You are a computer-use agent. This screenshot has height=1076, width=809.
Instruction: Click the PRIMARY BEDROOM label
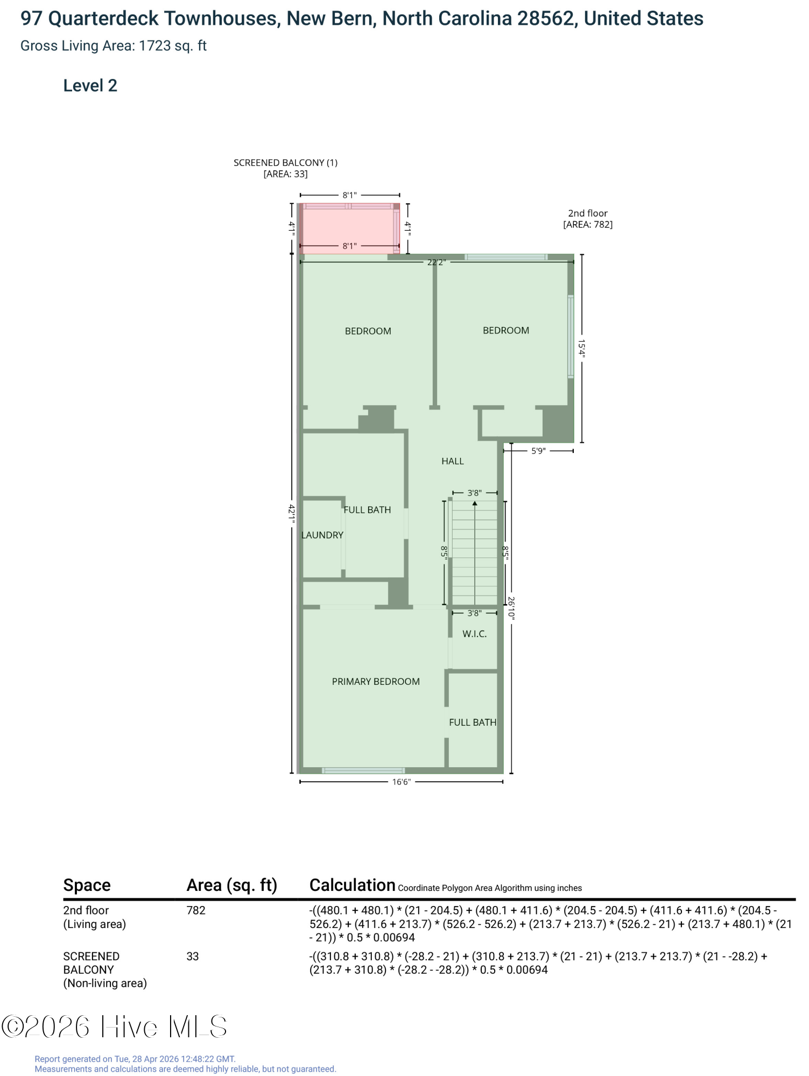tap(376, 682)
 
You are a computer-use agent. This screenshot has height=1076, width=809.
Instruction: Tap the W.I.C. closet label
tap(475, 634)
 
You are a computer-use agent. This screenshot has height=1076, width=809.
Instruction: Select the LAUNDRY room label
tap(322, 535)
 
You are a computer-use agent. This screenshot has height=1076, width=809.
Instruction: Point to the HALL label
tap(453, 461)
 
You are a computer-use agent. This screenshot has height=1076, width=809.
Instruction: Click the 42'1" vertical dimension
tap(291, 514)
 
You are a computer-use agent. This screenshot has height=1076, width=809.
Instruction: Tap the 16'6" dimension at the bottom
tap(402, 782)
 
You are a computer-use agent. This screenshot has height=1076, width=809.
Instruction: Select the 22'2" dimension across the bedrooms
tap(437, 263)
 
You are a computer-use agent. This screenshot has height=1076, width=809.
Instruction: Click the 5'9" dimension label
tap(538, 451)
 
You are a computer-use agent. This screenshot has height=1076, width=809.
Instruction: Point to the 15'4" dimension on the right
tap(582, 348)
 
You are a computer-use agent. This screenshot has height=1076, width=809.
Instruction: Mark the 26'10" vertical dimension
tap(511, 608)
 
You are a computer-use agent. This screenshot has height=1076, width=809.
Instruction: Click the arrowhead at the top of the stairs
tap(475, 504)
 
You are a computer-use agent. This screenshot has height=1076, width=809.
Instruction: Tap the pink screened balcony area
tap(349, 229)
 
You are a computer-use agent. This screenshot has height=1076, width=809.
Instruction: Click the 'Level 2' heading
tap(90, 86)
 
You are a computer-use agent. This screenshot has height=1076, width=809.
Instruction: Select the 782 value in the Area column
tap(196, 910)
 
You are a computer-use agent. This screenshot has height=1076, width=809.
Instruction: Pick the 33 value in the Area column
tap(193, 956)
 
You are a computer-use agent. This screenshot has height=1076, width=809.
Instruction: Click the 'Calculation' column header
tap(353, 885)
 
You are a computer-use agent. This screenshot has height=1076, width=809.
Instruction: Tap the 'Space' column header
tap(87, 885)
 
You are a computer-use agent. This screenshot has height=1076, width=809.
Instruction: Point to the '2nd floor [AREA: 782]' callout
tap(588, 219)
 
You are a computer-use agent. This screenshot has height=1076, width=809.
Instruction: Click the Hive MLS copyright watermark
tap(114, 1027)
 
